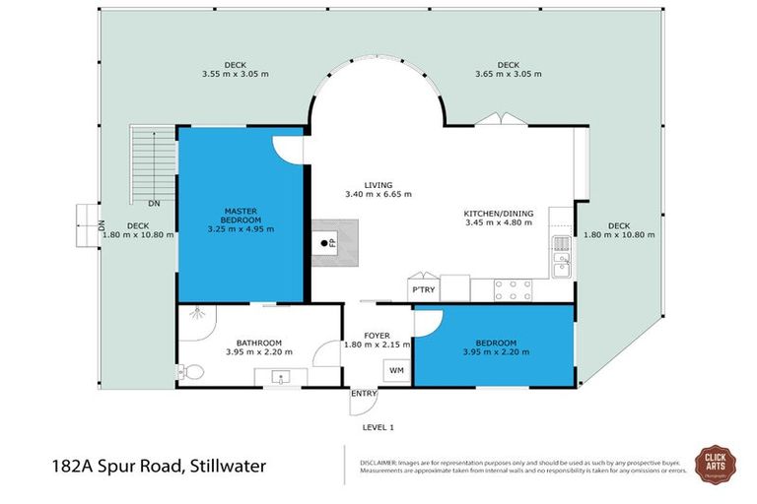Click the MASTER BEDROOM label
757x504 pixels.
point(241,215)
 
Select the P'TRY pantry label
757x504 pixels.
point(423,290)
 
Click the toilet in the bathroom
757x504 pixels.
point(191,372)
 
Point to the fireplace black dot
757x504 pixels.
point(321,239)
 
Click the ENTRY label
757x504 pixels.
point(364,394)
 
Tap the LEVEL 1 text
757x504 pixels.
point(378,427)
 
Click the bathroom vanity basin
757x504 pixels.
point(280,376)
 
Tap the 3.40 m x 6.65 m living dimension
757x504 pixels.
point(378,195)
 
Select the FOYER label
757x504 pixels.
point(378,336)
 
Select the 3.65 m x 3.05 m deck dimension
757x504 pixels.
point(508,75)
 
